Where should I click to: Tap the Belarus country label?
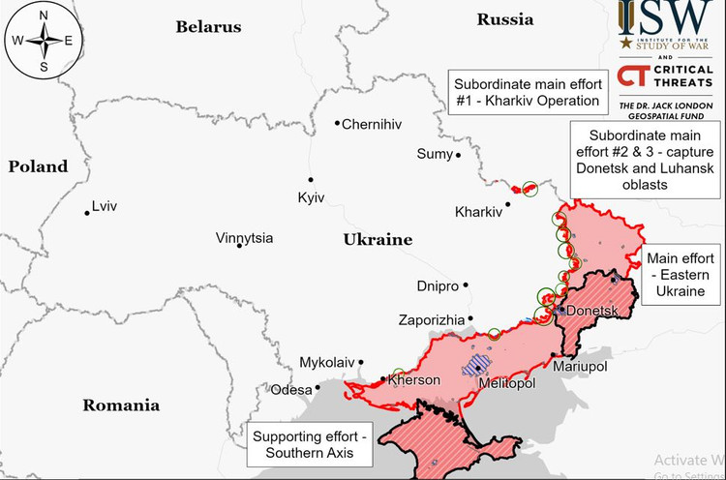208,27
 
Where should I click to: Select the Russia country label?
505,19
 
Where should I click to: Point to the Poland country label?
38,166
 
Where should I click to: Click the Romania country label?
121,405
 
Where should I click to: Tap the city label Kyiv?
311,197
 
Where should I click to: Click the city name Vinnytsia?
244,238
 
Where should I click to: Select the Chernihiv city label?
372,124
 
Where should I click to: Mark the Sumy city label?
434,154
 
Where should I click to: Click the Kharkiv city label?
478,212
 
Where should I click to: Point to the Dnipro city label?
438,285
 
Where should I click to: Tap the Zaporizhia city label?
431,319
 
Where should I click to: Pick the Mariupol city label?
579,367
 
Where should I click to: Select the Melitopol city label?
508,383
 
